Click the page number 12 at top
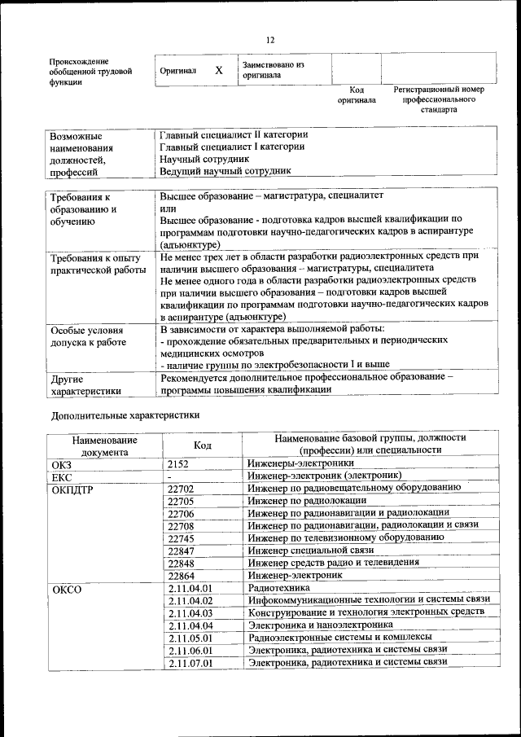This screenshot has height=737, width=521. (x=270, y=40)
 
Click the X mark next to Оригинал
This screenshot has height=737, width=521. (x=219, y=70)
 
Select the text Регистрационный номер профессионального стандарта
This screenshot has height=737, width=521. (x=439, y=99)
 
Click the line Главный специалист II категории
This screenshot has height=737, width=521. (x=234, y=134)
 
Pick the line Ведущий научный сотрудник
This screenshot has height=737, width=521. (x=225, y=171)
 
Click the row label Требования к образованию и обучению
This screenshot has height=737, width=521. (x=85, y=208)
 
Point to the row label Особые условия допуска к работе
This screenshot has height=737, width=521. (x=88, y=336)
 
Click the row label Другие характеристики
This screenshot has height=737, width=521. (x=85, y=384)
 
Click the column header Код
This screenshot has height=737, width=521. (x=202, y=445)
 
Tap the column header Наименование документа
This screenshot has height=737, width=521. (x=104, y=445)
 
